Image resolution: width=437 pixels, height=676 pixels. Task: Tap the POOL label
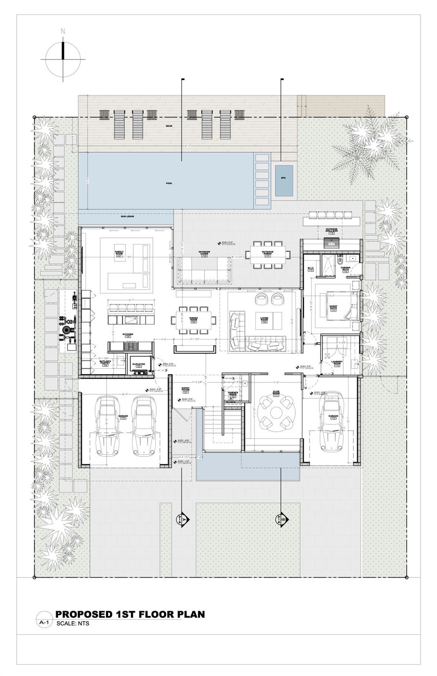click(169, 183)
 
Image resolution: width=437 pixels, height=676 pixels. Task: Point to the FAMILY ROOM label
click(118, 253)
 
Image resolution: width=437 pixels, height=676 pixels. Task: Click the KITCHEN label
click(128, 335)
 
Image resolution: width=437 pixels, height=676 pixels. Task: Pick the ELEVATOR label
click(139, 365)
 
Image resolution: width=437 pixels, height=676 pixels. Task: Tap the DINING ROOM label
click(193, 319)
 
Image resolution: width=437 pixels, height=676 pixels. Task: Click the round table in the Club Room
click(276, 413)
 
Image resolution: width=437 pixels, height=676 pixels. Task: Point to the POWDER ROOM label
click(233, 393)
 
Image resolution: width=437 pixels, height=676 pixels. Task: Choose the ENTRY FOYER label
click(186, 389)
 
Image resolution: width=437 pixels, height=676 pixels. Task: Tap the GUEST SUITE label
click(333, 308)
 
